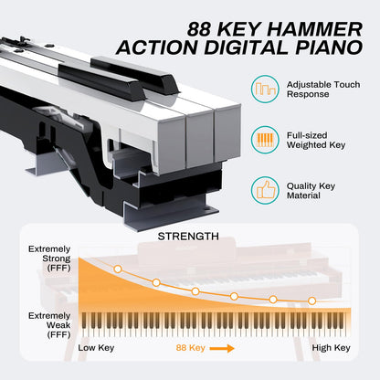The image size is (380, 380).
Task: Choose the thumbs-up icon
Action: click(x=266, y=191)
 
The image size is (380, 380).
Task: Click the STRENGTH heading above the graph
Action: click(x=189, y=237)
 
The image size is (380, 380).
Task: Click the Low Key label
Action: click(x=98, y=347)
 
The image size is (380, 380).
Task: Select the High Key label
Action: click(x=330, y=347)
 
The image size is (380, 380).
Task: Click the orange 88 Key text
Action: click(x=187, y=347)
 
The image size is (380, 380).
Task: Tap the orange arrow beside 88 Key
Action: click(x=219, y=347)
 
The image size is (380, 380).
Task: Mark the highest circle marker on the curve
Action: click(x=117, y=269)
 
